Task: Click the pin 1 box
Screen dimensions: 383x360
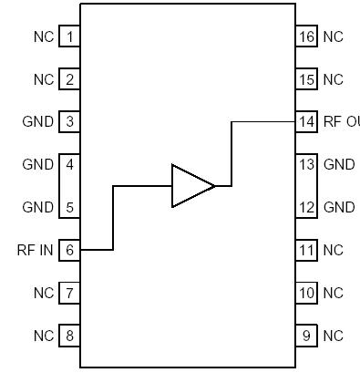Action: [69, 37]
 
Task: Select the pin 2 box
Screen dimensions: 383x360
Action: [69, 79]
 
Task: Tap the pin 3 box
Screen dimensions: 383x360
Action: [69, 121]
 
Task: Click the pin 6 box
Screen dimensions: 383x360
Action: [69, 249]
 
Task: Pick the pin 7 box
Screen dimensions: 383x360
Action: [69, 293]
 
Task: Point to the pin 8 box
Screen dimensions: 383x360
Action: [69, 335]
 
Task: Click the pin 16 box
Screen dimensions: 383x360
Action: [306, 37]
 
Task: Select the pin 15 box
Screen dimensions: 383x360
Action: [306, 79]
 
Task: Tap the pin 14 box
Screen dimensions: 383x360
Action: [306, 121]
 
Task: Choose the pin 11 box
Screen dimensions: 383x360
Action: [306, 249]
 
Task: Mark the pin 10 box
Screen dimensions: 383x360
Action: [306, 293]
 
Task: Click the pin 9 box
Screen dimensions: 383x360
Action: [306, 335]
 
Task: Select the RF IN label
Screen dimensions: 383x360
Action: [36, 249]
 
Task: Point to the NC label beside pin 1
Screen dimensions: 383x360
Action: [44, 37]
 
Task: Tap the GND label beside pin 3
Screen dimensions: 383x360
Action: [39, 121]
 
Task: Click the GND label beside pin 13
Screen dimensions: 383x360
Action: [339, 165]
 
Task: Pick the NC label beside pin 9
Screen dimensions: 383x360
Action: [334, 335]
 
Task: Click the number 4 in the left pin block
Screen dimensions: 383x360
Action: [69, 165]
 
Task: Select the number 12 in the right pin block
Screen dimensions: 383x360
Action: [306, 207]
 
